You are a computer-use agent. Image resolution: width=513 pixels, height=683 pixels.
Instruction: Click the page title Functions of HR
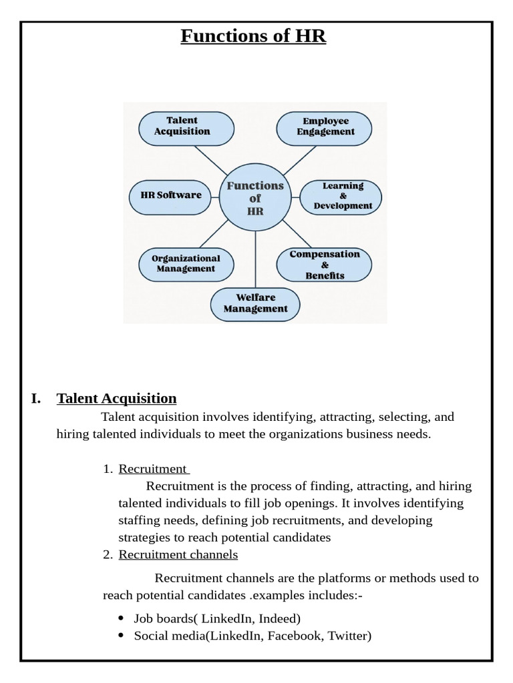click(x=253, y=35)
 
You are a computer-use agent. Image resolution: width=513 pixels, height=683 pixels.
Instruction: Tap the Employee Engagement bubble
click(x=325, y=127)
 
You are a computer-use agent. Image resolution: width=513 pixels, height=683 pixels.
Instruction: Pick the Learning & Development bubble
click(x=342, y=196)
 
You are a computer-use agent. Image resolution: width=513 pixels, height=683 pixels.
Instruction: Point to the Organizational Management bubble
click(x=186, y=263)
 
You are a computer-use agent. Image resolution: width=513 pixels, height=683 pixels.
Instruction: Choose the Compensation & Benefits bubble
click(x=325, y=264)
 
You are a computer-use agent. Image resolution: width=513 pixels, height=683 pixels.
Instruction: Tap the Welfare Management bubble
click(x=255, y=303)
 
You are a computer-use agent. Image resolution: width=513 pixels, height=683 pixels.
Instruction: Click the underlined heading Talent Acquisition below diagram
click(x=117, y=399)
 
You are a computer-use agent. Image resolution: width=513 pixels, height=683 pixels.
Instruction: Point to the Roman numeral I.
click(x=36, y=399)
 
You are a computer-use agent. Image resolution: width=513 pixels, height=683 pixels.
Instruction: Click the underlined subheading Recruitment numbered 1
click(x=152, y=469)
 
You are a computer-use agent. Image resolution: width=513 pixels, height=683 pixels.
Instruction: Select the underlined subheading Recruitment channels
click(x=178, y=554)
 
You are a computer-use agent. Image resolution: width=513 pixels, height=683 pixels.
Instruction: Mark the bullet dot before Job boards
click(x=120, y=618)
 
